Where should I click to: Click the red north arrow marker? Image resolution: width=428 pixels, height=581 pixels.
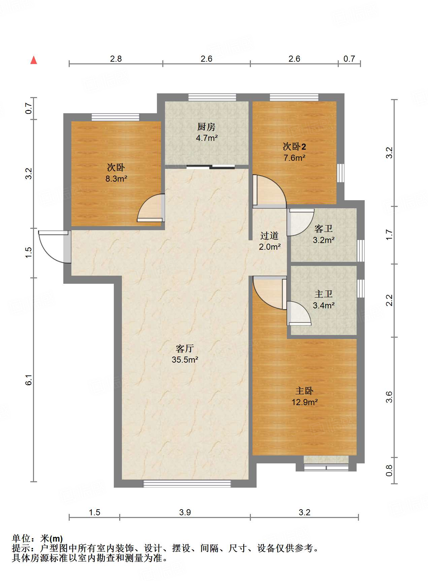pyautogui.click(x=34, y=60)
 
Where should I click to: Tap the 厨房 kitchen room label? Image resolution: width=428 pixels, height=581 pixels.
pyautogui.click(x=206, y=127)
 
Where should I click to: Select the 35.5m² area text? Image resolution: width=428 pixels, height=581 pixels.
pyautogui.click(x=185, y=360)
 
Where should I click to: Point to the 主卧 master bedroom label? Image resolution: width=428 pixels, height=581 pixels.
pyautogui.click(x=304, y=391)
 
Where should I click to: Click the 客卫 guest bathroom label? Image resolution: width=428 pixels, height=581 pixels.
pyautogui.click(x=324, y=229)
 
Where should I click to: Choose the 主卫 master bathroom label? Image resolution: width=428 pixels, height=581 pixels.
pyautogui.click(x=324, y=294)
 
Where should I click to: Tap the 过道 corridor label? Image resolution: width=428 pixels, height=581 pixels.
pyautogui.click(x=269, y=236)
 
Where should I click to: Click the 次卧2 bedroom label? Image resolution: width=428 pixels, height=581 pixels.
pyautogui.click(x=294, y=147)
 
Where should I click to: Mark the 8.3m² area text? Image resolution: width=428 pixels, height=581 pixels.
pyautogui.click(x=116, y=179)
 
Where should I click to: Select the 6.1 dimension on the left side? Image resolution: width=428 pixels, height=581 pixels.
pyautogui.click(x=29, y=380)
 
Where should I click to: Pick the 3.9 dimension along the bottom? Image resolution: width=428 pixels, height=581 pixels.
pyautogui.click(x=185, y=513)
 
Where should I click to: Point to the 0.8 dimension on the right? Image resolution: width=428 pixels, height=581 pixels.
pyautogui.click(x=389, y=470)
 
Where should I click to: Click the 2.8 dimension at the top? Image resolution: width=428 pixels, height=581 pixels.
pyautogui.click(x=116, y=59)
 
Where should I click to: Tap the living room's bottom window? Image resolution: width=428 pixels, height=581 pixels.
pyautogui.click(x=187, y=484)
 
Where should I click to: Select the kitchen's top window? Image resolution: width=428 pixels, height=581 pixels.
pyautogui.click(x=212, y=97)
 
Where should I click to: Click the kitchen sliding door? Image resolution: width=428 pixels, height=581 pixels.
pyautogui.click(x=210, y=167)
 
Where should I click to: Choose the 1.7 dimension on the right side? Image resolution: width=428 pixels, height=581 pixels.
pyautogui.click(x=389, y=235)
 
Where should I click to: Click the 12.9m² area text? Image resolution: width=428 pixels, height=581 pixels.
pyautogui.click(x=305, y=402)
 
